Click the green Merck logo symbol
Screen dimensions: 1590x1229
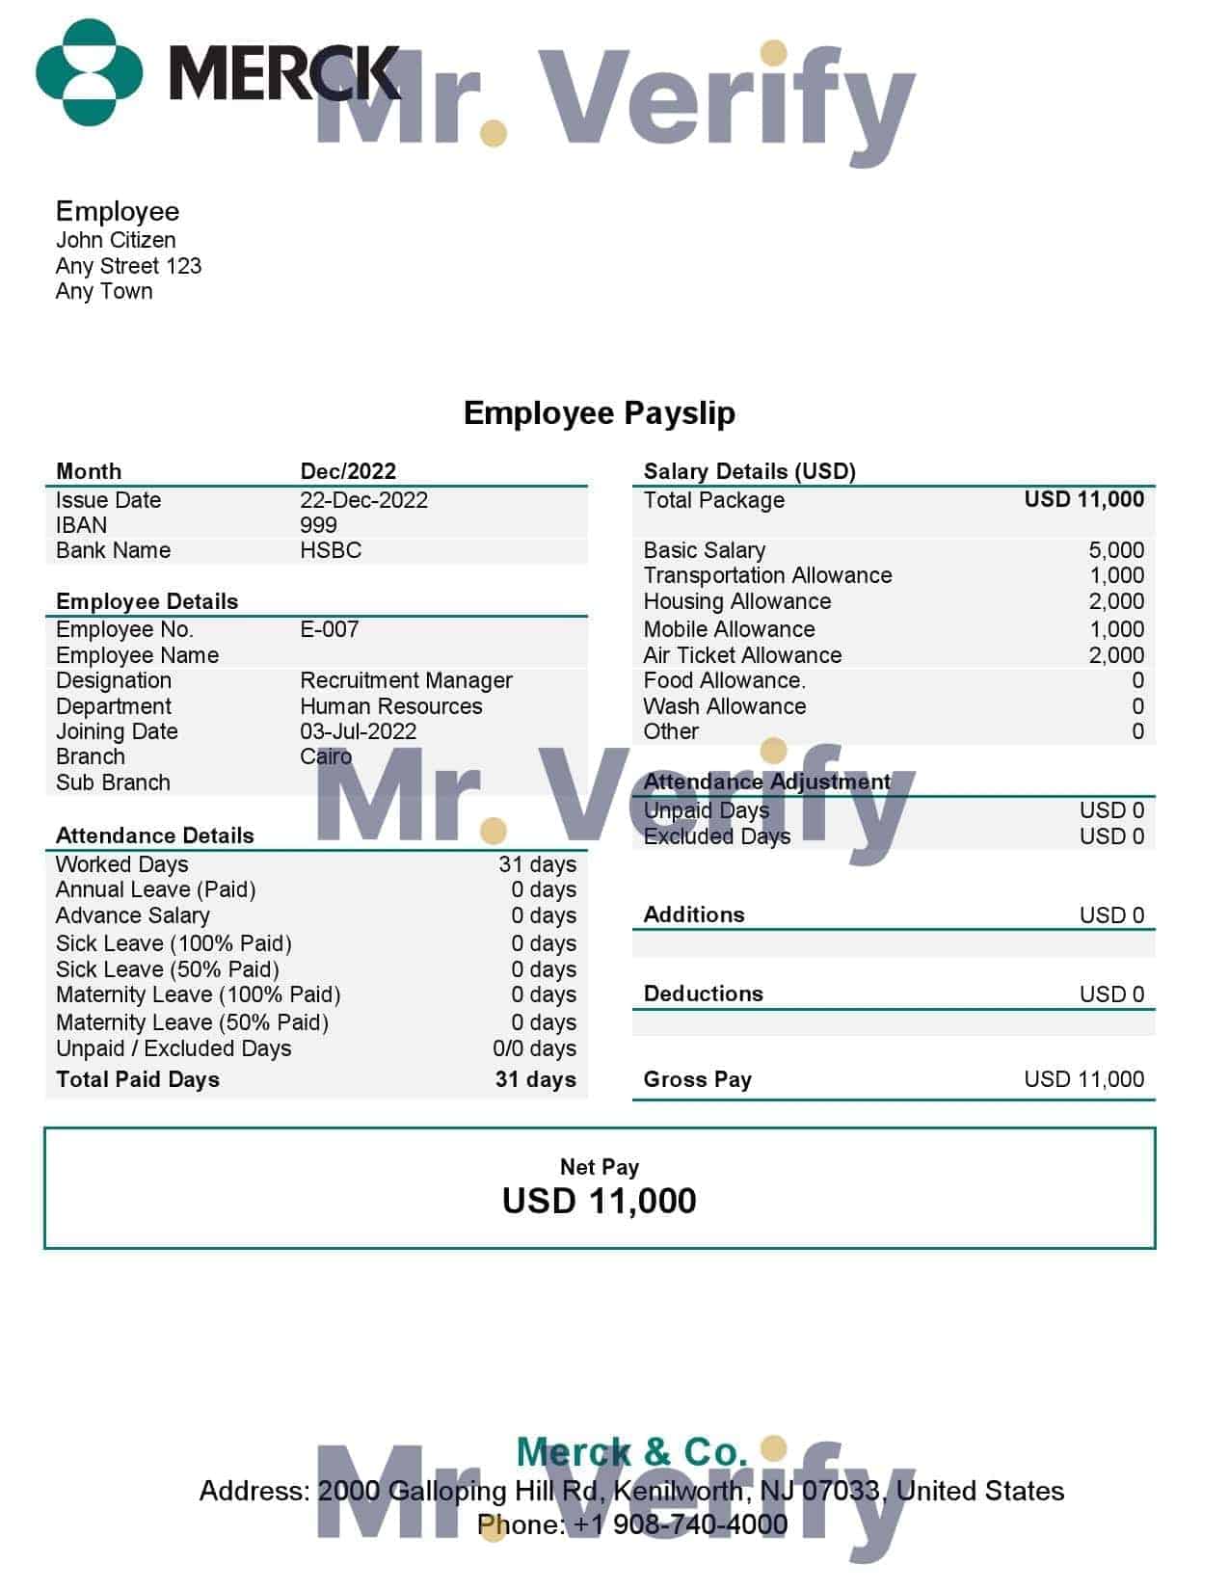point(89,72)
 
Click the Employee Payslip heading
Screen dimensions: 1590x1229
point(599,412)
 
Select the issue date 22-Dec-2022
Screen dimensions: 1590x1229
point(363,500)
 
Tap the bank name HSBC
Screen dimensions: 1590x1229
point(331,550)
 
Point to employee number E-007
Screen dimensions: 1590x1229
point(330,629)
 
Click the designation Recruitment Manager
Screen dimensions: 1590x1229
point(406,680)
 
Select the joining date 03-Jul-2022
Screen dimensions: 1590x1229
point(358,731)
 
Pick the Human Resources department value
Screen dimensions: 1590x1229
point(390,706)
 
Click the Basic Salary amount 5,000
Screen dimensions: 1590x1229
point(1116,550)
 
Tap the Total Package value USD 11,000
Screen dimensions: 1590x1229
point(1083,499)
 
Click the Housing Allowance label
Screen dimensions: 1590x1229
point(736,601)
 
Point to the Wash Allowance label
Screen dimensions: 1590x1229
point(724,706)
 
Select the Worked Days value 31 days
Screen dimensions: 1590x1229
point(537,864)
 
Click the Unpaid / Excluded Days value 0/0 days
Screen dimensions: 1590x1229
point(534,1048)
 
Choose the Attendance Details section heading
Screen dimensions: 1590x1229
point(154,835)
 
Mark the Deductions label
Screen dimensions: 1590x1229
point(703,994)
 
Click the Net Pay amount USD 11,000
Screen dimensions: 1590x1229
point(599,1201)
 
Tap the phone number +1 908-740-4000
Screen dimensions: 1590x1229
point(681,1524)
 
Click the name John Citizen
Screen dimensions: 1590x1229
point(116,240)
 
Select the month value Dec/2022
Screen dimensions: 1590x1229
point(348,471)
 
